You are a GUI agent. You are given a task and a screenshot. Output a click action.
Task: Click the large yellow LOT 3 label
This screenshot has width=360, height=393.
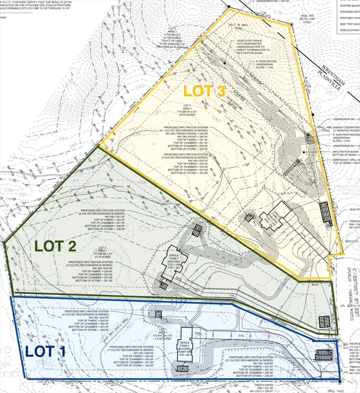point(204,92)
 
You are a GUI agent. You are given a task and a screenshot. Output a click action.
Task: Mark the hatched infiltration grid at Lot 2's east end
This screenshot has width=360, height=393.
point(325,321)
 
